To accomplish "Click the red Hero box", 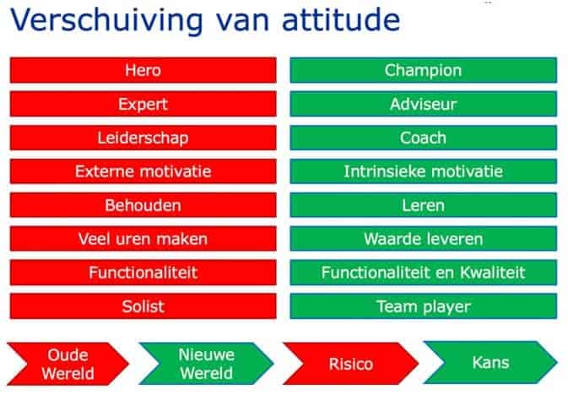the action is pyautogui.click(x=143, y=70).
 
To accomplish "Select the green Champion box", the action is pyautogui.click(x=424, y=70).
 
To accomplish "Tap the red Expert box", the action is pyautogui.click(x=143, y=104).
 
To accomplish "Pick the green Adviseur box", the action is pyautogui.click(x=424, y=104).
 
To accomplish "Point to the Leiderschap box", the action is pyautogui.click(x=143, y=138).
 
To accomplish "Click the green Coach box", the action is pyautogui.click(x=424, y=138).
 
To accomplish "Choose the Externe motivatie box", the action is pyautogui.click(x=143, y=171).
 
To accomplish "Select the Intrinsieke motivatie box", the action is pyautogui.click(x=424, y=171).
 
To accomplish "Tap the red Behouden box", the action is pyautogui.click(x=143, y=205).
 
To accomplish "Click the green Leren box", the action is pyautogui.click(x=424, y=205).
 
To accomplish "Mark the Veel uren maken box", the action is pyautogui.click(x=143, y=239).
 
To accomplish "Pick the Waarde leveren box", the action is pyautogui.click(x=424, y=239).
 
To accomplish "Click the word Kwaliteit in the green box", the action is pyautogui.click(x=492, y=272).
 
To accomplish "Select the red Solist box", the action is pyautogui.click(x=143, y=306).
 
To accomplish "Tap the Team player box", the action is pyautogui.click(x=424, y=306).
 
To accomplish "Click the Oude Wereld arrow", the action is pyautogui.click(x=68, y=364).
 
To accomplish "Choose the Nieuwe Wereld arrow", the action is pyautogui.click(x=207, y=364).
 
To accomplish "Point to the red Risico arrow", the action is pyautogui.click(x=350, y=364).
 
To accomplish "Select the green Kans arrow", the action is pyautogui.click(x=490, y=362).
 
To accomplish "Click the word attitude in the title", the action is pyautogui.click(x=341, y=19).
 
